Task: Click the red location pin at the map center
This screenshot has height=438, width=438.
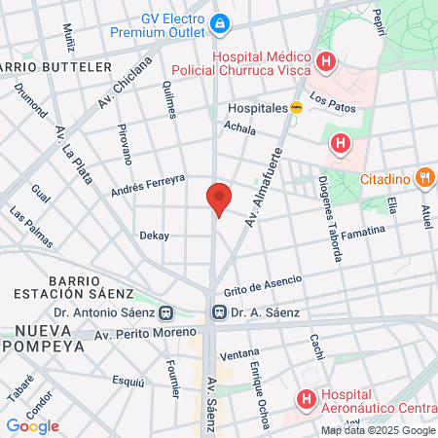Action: [x=219, y=199]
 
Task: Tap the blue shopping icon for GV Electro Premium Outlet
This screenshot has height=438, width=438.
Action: [x=221, y=21]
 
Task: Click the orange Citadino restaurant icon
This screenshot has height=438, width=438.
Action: [x=423, y=178]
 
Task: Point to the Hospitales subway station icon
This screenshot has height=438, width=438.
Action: [x=297, y=108]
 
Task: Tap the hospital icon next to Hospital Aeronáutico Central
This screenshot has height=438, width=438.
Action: [x=307, y=398]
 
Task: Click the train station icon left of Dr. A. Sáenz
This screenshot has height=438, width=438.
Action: [x=220, y=312]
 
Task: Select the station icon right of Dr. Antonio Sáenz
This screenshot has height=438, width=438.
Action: [x=166, y=312]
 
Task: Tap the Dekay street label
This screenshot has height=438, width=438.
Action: [x=154, y=236]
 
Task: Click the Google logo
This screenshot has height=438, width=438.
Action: [x=32, y=425]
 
